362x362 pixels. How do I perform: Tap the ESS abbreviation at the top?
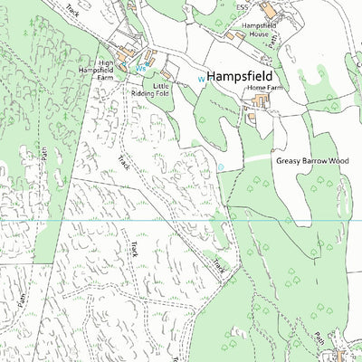242,8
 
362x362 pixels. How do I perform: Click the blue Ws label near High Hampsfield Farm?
140,69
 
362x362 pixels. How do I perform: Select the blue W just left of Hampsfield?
201,79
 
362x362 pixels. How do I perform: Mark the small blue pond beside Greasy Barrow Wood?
221,167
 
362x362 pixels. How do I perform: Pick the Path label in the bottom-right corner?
320,337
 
